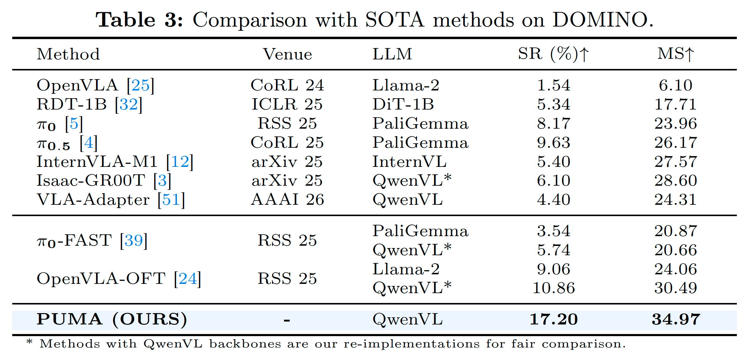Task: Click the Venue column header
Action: click(287, 54)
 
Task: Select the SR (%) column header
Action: click(553, 54)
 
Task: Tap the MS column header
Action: click(676, 54)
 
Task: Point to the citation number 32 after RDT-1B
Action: click(129, 104)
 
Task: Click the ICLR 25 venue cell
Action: click(287, 104)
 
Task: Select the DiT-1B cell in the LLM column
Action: click(403, 104)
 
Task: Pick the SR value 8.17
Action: click(553, 124)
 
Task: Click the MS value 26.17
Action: click(676, 143)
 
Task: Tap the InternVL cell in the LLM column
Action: click(409, 162)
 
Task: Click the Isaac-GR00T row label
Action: click(91, 181)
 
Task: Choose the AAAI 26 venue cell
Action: click(287, 200)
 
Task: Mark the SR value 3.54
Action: click(553, 231)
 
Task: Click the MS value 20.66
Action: click(676, 250)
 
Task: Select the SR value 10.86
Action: click(553, 288)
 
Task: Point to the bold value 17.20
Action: click(553, 319)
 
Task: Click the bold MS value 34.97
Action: click(676, 319)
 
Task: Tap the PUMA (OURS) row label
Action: click(112, 319)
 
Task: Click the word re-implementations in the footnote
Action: click(412, 344)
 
